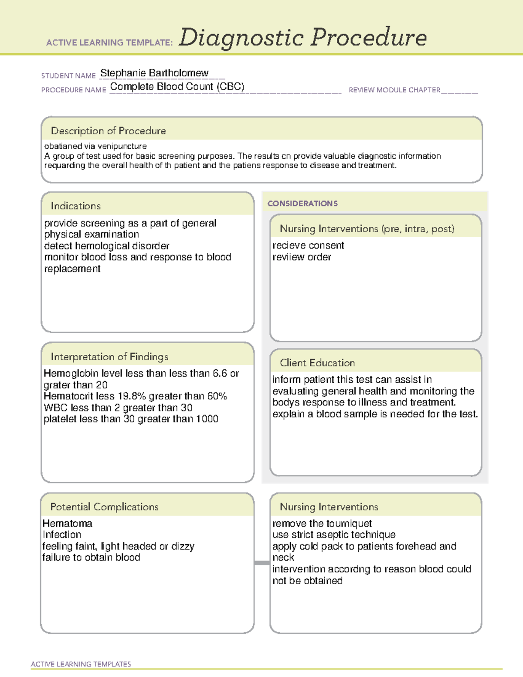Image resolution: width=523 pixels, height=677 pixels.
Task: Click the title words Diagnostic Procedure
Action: (302, 37)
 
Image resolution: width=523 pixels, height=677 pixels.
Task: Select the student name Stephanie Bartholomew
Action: (154, 73)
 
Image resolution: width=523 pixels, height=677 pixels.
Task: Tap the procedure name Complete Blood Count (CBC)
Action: (177, 87)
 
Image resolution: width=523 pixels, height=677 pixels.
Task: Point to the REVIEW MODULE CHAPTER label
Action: (394, 90)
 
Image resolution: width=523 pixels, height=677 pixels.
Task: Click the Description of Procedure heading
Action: (108, 131)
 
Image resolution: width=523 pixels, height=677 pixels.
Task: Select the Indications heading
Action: (75, 206)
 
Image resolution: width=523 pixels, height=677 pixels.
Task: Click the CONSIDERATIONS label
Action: (302, 204)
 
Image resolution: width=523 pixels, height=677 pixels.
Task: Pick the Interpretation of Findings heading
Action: (109, 357)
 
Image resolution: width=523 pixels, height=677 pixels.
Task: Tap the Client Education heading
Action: (317, 363)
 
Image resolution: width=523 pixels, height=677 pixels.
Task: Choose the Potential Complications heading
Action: (104, 507)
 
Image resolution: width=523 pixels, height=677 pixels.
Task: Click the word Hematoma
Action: (68, 523)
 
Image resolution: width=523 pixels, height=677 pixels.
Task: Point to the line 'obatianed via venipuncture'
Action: (95, 146)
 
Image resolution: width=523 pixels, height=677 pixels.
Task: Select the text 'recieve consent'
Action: (308, 245)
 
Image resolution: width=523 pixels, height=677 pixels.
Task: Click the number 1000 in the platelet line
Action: (207, 419)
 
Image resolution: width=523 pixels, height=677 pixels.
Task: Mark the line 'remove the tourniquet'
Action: (322, 523)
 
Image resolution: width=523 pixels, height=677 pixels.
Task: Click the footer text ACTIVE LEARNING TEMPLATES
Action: (81, 664)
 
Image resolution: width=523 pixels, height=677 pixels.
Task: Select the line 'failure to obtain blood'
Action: (91, 558)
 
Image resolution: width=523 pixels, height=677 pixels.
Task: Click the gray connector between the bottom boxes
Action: (261, 563)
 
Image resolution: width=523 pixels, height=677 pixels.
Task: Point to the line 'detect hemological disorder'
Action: (107, 246)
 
